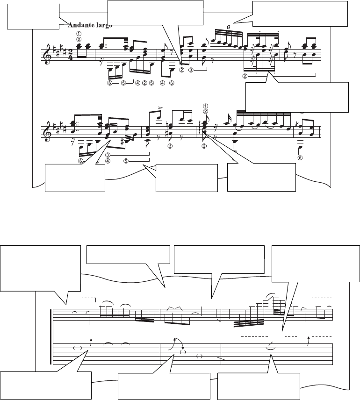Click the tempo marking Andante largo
(91, 25)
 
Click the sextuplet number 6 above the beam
(228, 27)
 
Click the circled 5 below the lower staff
(126, 161)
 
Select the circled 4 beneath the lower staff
(108, 161)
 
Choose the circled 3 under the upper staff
(191, 71)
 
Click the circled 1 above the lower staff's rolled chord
(205, 105)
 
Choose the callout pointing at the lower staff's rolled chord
(261, 178)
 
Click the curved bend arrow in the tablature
(175, 343)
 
